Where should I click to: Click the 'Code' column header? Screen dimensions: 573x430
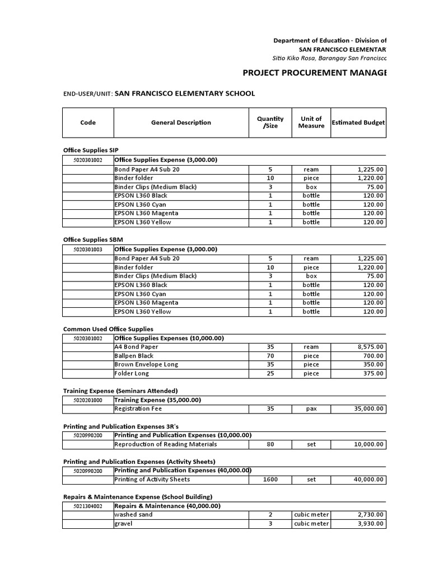[x=88, y=123]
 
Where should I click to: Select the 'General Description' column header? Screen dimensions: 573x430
[x=181, y=123]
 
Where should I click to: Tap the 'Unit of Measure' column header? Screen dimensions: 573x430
[x=311, y=123]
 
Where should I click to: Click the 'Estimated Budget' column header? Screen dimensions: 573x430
[x=358, y=123]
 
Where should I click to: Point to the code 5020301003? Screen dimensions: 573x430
[x=88, y=250]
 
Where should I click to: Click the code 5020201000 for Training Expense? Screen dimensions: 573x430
[x=88, y=400]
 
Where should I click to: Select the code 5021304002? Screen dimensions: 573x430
[x=88, y=506]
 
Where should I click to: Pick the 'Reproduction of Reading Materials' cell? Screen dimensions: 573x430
[x=165, y=444]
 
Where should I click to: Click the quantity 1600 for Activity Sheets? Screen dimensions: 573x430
[x=270, y=480]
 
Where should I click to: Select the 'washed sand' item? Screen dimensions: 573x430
[x=133, y=515]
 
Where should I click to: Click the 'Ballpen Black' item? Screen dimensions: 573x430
[x=134, y=356]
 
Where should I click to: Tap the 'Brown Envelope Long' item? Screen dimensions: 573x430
[x=146, y=365]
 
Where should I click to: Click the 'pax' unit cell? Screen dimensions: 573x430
[x=311, y=409]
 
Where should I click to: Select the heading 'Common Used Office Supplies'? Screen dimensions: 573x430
[x=108, y=329]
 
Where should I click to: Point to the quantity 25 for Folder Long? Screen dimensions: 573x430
[x=270, y=373]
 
